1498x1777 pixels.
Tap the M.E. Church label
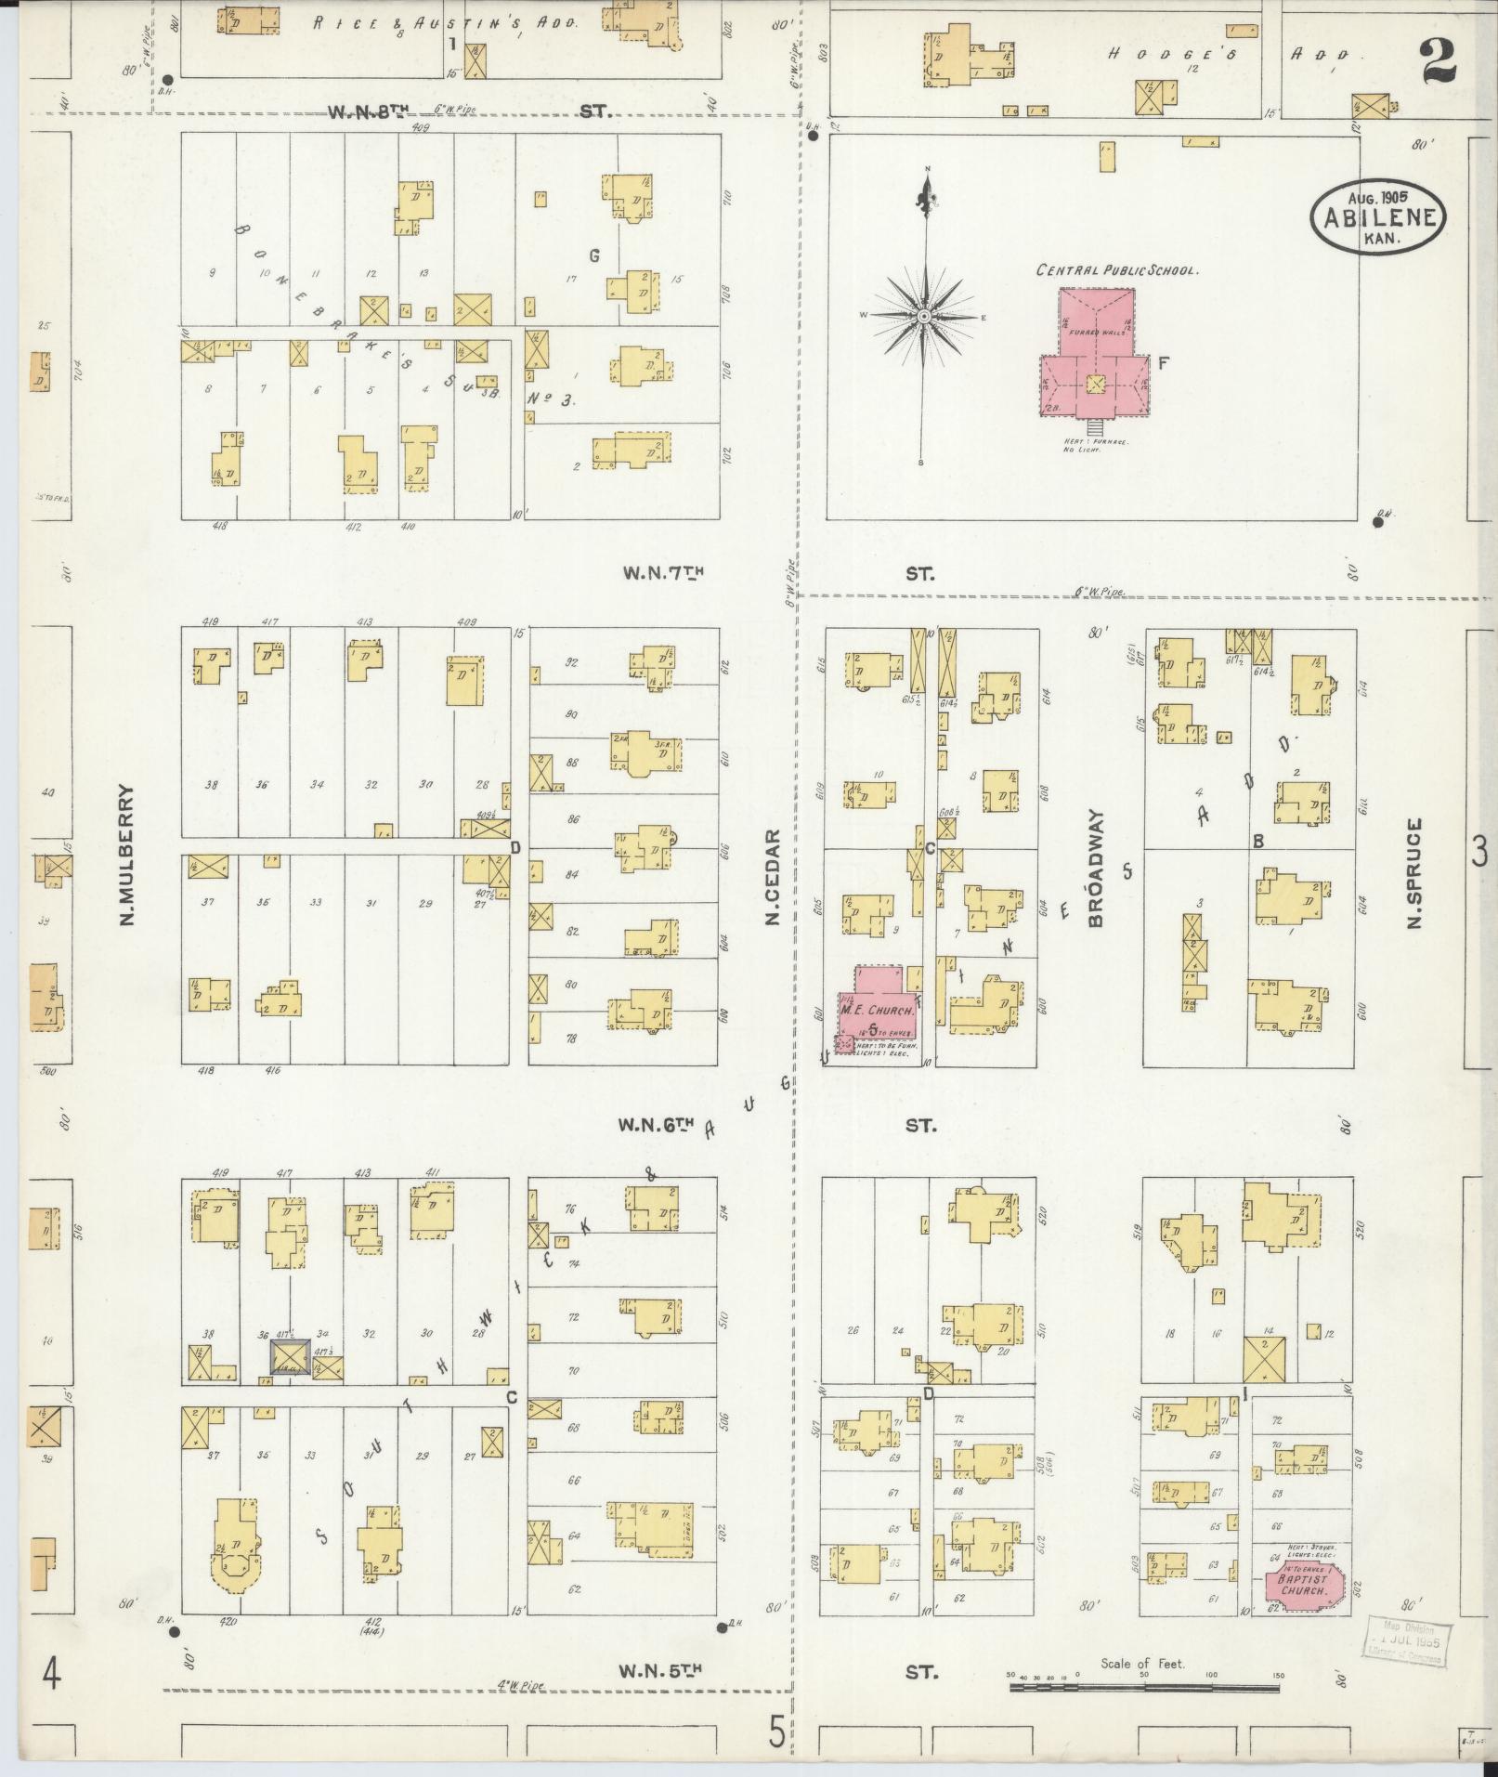866,1008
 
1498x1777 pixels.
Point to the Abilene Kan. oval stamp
1378,217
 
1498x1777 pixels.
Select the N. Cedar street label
772,878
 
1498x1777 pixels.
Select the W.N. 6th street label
657,1125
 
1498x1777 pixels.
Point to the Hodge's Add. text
1226,54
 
